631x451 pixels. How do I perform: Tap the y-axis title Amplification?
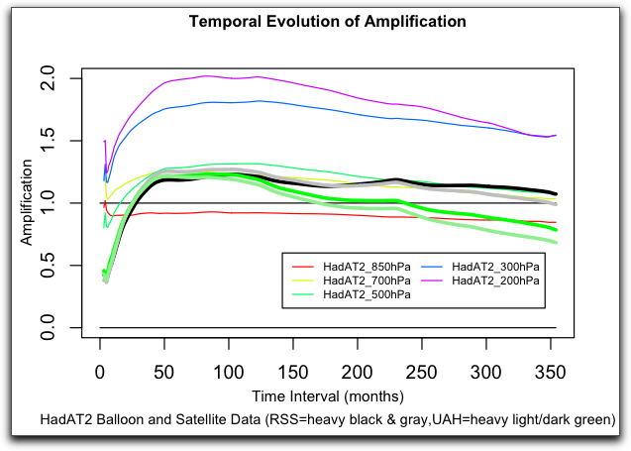[x=28, y=203]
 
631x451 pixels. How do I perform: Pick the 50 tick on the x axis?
[x=164, y=371]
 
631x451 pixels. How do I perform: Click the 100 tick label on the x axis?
[x=229, y=371]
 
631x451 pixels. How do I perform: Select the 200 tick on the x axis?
[x=358, y=371]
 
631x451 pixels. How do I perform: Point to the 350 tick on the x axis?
[x=550, y=371]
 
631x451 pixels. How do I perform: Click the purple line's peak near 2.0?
[x=206, y=75]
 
